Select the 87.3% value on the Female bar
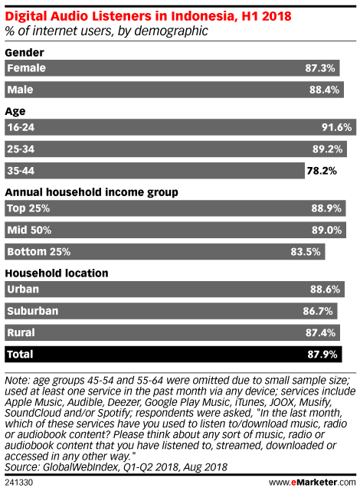320,68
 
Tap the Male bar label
20,90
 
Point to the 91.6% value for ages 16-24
336,127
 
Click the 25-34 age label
21,149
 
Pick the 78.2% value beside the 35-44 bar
322,171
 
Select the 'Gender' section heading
25,53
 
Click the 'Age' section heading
15,112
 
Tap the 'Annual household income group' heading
91,192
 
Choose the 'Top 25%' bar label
28,208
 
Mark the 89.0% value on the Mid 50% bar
326,230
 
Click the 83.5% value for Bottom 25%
306,252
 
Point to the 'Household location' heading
57,273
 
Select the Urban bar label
23,289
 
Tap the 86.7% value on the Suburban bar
318,311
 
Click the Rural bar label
21,332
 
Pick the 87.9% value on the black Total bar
322,354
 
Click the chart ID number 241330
19,483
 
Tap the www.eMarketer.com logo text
312,483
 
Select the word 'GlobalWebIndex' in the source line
81,467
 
